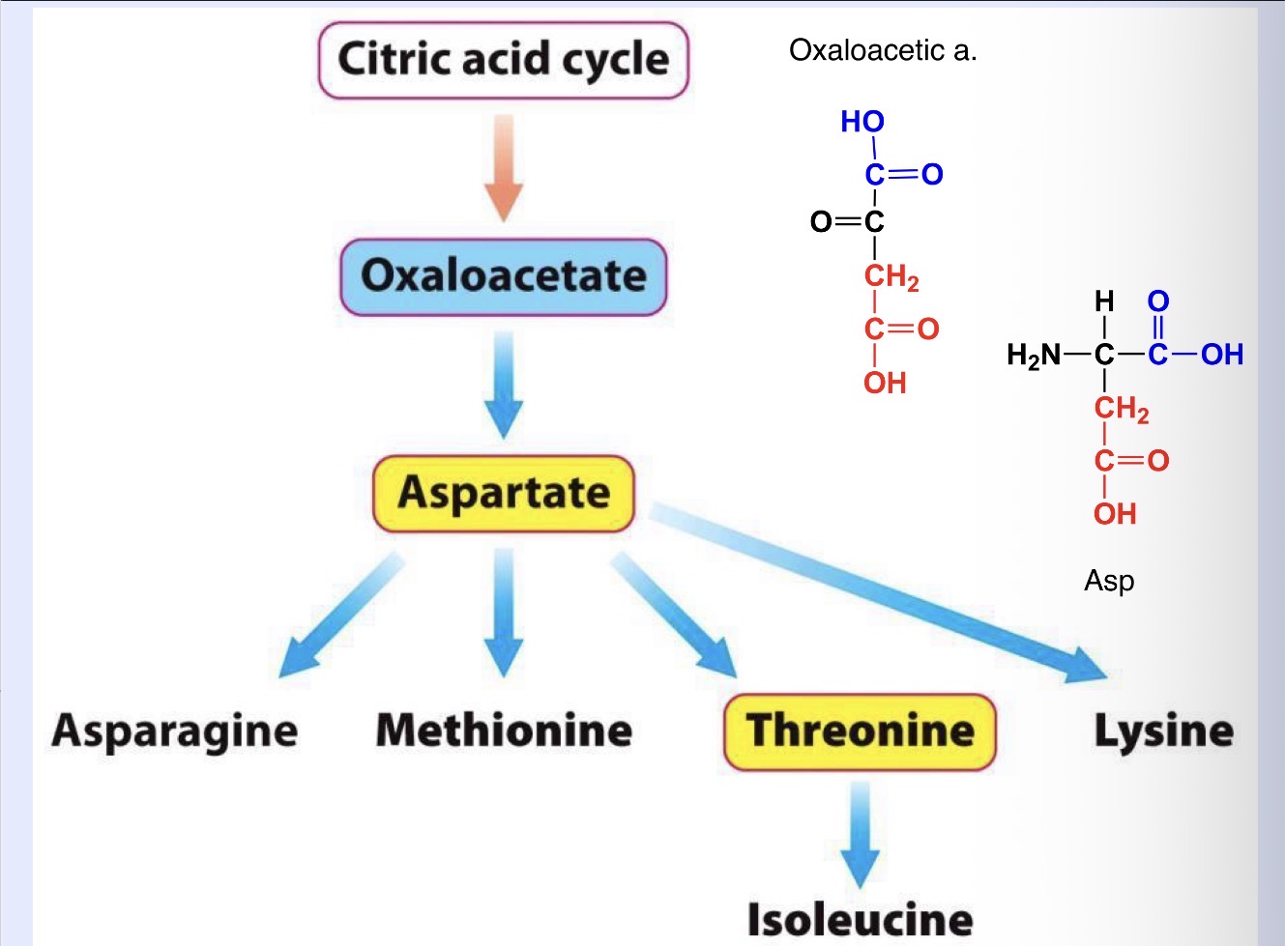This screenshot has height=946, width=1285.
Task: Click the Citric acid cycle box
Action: coord(503,60)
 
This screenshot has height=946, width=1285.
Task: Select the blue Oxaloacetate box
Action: coord(503,276)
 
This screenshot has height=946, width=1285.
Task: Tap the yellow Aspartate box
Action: coord(504,494)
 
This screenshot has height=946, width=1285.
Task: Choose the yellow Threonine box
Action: coord(860,731)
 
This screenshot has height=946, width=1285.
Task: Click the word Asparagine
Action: coord(175,731)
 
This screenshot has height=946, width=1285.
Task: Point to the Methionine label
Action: coord(504,731)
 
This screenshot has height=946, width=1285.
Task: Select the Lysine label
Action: coord(1163,731)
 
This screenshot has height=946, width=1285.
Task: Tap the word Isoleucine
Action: coord(860,918)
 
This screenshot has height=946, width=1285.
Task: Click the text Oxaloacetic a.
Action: coord(883,50)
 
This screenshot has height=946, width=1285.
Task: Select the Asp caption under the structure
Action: coord(1109,581)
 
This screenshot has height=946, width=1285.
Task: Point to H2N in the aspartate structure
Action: coord(1033,356)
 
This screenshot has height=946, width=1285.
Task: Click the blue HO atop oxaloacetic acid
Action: coord(862,122)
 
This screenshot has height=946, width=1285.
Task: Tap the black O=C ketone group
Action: coord(847,222)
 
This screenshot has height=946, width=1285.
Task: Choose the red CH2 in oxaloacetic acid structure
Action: coord(891,277)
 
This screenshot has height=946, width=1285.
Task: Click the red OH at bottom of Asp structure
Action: coord(1115,513)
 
